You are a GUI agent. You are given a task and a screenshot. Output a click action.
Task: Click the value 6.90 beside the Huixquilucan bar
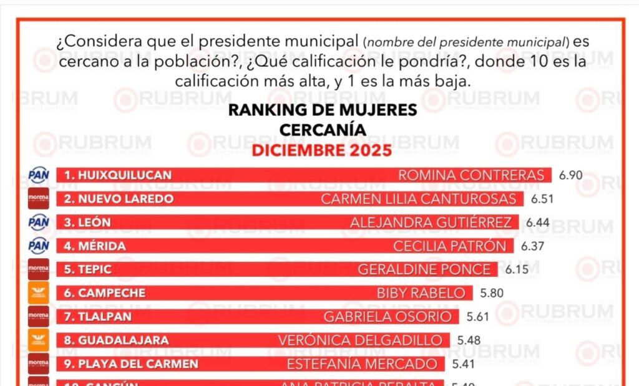[x=570, y=175]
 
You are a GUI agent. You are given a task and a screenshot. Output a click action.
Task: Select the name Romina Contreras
[x=471, y=175]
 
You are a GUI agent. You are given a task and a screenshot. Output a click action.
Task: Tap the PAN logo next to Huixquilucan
[x=39, y=175]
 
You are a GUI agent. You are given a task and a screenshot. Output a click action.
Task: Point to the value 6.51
[x=542, y=199]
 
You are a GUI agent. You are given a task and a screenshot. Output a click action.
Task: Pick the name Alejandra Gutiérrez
[x=431, y=223]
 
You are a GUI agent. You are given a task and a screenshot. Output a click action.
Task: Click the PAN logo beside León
[x=39, y=222]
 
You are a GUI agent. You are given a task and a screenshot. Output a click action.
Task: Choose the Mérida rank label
[x=94, y=246]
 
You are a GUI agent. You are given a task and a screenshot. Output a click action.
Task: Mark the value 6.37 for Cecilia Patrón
[x=532, y=246]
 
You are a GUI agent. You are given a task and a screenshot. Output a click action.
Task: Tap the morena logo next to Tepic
[x=39, y=269]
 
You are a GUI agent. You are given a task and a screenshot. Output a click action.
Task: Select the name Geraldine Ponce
[x=424, y=269]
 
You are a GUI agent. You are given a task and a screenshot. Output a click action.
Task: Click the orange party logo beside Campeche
[x=39, y=293]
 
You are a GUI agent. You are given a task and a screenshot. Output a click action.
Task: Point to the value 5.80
[x=492, y=293]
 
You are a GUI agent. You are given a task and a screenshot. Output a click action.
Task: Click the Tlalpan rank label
[x=98, y=317]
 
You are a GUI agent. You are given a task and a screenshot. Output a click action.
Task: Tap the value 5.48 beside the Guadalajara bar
[x=469, y=340]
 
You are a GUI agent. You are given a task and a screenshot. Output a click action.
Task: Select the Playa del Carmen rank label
[x=131, y=364]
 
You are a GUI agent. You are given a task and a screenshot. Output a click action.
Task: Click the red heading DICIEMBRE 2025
[x=322, y=150]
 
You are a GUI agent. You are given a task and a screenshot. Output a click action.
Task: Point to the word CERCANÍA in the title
[x=322, y=130]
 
